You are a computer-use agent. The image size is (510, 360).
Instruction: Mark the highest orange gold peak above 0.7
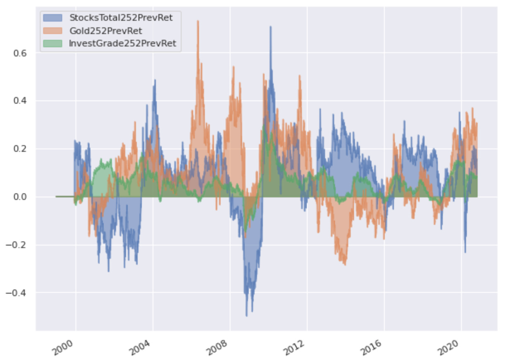pyautogui.click(x=198, y=21)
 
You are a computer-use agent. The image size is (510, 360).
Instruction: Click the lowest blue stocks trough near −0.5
pyautogui.click(x=247, y=316)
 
